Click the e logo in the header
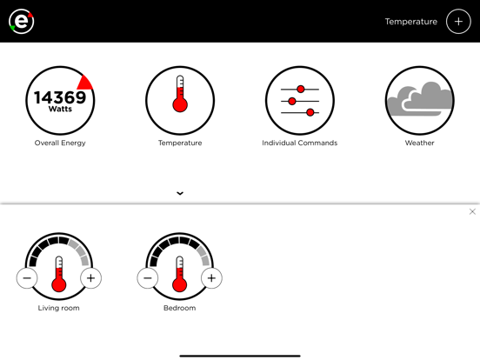pos(21,21)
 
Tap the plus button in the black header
pos(458,22)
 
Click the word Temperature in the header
pos(410,22)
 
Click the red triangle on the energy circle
pos(85,83)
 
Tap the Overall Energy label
pos(60,143)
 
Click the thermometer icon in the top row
pos(180,94)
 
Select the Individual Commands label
pos(300,143)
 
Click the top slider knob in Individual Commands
pos(301,89)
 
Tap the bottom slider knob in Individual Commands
pos(310,112)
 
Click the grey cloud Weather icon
pos(420,98)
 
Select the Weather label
pos(420,143)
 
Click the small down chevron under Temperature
pos(180,193)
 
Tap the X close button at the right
pos(472,211)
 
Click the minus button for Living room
pos(27,278)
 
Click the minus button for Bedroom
pos(148,278)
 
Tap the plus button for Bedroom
pos(211,278)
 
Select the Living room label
pos(59,308)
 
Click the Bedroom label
pos(180,308)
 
